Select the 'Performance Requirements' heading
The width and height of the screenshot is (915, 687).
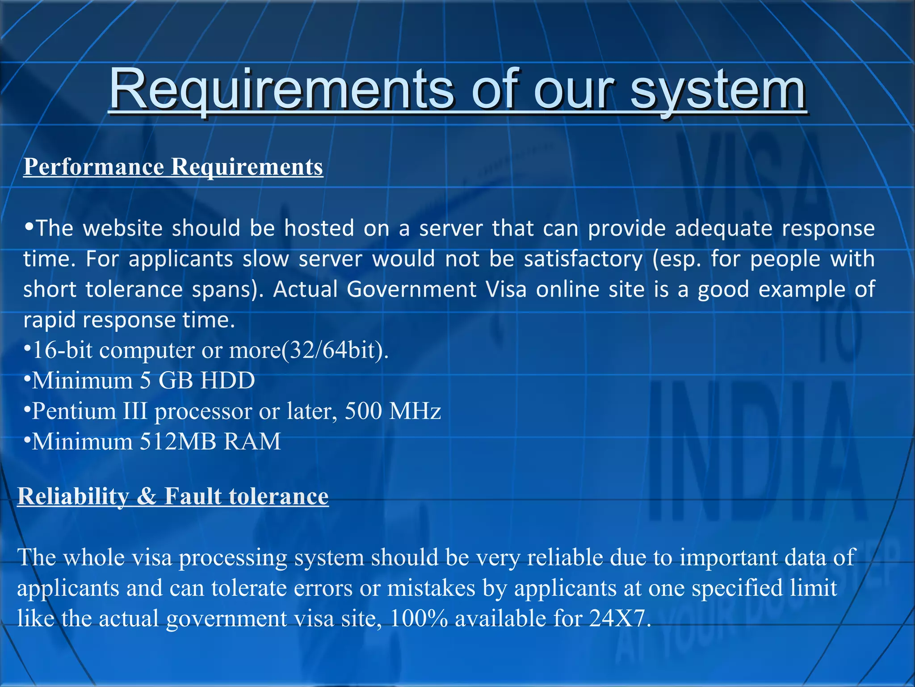173,167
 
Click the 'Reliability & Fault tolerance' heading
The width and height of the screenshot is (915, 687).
173,496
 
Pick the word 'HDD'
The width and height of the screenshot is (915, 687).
228,381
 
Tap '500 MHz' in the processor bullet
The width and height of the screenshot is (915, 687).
393,411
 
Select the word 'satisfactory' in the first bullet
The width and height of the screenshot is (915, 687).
583,259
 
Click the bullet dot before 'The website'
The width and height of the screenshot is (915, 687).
29,227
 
